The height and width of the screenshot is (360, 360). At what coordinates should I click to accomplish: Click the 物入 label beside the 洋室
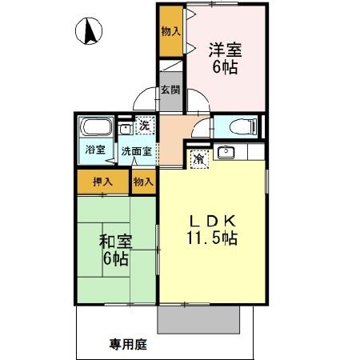coord(169,31)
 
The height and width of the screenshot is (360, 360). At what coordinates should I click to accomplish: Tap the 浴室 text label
coord(94,149)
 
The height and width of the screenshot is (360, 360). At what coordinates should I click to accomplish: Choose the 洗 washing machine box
coord(144,125)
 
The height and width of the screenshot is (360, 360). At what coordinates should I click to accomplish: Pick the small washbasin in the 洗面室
coord(124,128)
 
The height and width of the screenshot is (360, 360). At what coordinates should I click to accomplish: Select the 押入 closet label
coord(102,182)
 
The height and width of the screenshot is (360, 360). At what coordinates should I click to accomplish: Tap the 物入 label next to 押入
coord(142,182)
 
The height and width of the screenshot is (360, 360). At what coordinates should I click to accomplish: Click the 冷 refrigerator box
coord(198,158)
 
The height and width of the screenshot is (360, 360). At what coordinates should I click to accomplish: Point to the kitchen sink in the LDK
coord(226,151)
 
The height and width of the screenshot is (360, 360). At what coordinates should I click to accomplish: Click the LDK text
coord(211,221)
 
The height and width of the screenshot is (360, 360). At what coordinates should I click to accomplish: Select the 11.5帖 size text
coord(212,238)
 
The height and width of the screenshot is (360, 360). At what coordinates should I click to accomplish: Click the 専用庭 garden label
coord(128,346)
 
